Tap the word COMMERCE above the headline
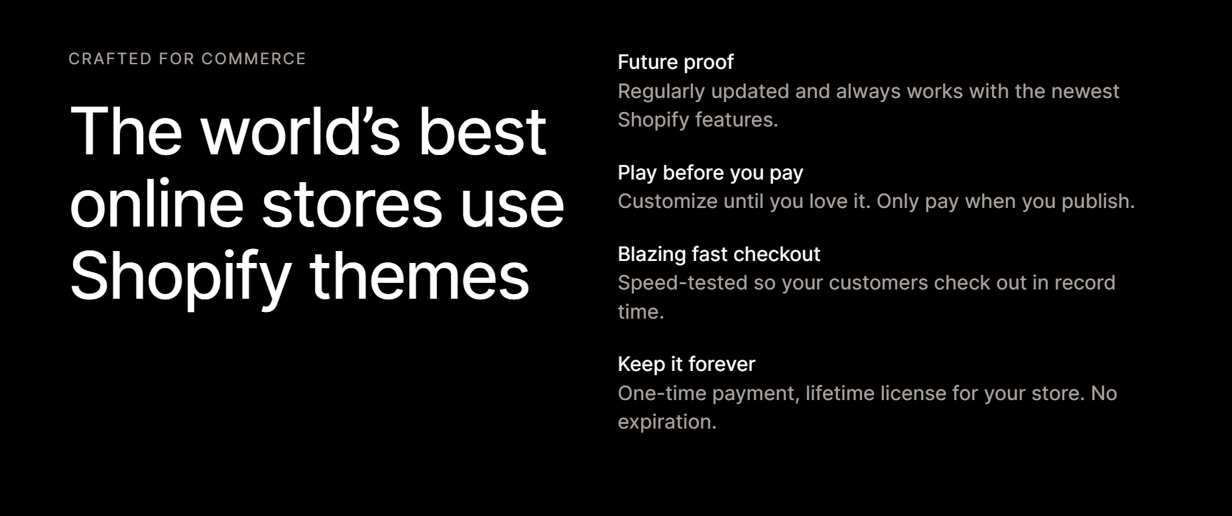tap(253, 59)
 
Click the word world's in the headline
tap(301, 131)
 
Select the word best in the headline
tap(482, 131)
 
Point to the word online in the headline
tap(156, 203)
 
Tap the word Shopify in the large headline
tap(180, 277)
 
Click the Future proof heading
tap(675, 62)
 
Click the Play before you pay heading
tap(710, 173)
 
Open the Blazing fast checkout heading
tap(719, 254)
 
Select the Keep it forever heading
tap(686, 364)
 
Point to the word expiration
tap(667, 423)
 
